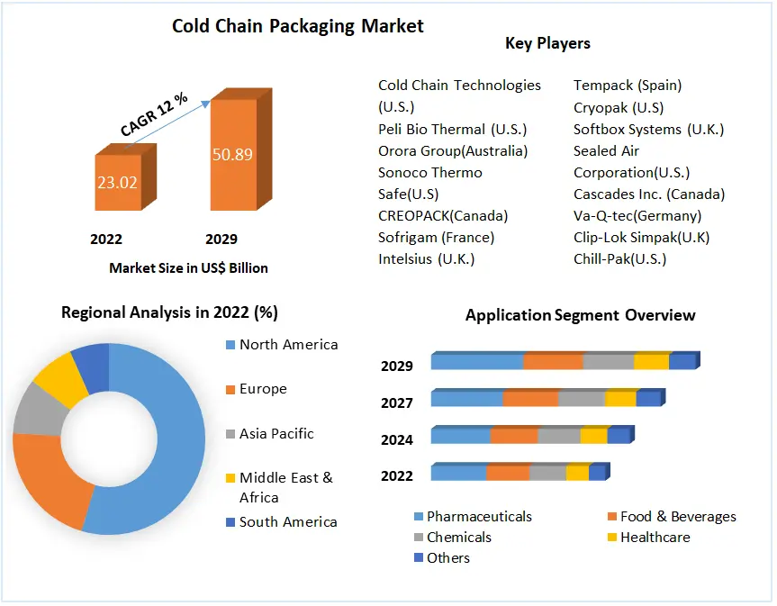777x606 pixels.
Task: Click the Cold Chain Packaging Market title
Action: pyautogui.click(x=298, y=26)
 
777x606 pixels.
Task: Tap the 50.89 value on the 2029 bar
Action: pyautogui.click(x=232, y=154)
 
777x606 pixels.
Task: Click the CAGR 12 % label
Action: pyautogui.click(x=154, y=114)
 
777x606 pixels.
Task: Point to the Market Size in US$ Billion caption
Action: pyautogui.click(x=188, y=267)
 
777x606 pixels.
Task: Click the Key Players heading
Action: pyautogui.click(x=547, y=43)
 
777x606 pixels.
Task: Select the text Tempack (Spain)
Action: pyautogui.click(x=628, y=86)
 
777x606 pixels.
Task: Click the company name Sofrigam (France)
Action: pyautogui.click(x=436, y=238)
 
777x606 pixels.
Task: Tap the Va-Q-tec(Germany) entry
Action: pyautogui.click(x=637, y=216)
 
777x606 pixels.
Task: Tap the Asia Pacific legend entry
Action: pyautogui.click(x=276, y=434)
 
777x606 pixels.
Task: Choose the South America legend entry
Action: pyautogui.click(x=287, y=522)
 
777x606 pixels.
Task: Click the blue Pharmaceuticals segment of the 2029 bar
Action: pyautogui.click(x=476, y=362)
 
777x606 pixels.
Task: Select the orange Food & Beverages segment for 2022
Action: pyautogui.click(x=508, y=473)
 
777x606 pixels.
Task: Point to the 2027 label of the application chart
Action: pyautogui.click(x=397, y=402)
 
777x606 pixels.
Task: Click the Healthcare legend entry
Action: pyautogui.click(x=655, y=538)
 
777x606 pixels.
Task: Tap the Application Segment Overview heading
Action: pyautogui.click(x=580, y=315)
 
